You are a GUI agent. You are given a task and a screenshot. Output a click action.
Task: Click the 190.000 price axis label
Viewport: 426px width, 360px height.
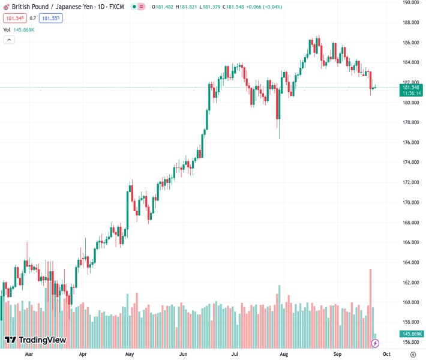click(411, 2)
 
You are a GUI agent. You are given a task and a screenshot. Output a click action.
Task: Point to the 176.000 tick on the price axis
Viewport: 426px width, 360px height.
click(411, 142)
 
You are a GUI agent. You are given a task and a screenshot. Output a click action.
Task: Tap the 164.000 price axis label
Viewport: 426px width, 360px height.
click(411, 262)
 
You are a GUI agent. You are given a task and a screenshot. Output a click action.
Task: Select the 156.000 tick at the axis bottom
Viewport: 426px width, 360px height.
click(411, 343)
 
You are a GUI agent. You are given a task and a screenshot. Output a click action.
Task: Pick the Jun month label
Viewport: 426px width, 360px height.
click(182, 354)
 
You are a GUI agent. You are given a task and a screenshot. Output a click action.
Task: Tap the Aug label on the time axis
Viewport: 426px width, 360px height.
click(284, 354)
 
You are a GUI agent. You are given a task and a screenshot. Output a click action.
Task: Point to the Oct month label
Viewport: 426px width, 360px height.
click(386, 354)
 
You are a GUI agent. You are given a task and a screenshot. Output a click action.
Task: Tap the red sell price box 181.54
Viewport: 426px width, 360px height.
click(14, 18)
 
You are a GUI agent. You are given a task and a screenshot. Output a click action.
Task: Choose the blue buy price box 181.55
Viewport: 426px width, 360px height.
click(51, 18)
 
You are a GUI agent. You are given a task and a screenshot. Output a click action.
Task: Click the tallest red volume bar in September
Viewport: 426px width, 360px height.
click(370, 306)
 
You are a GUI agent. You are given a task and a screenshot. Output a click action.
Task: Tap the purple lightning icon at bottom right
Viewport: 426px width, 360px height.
click(376, 343)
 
